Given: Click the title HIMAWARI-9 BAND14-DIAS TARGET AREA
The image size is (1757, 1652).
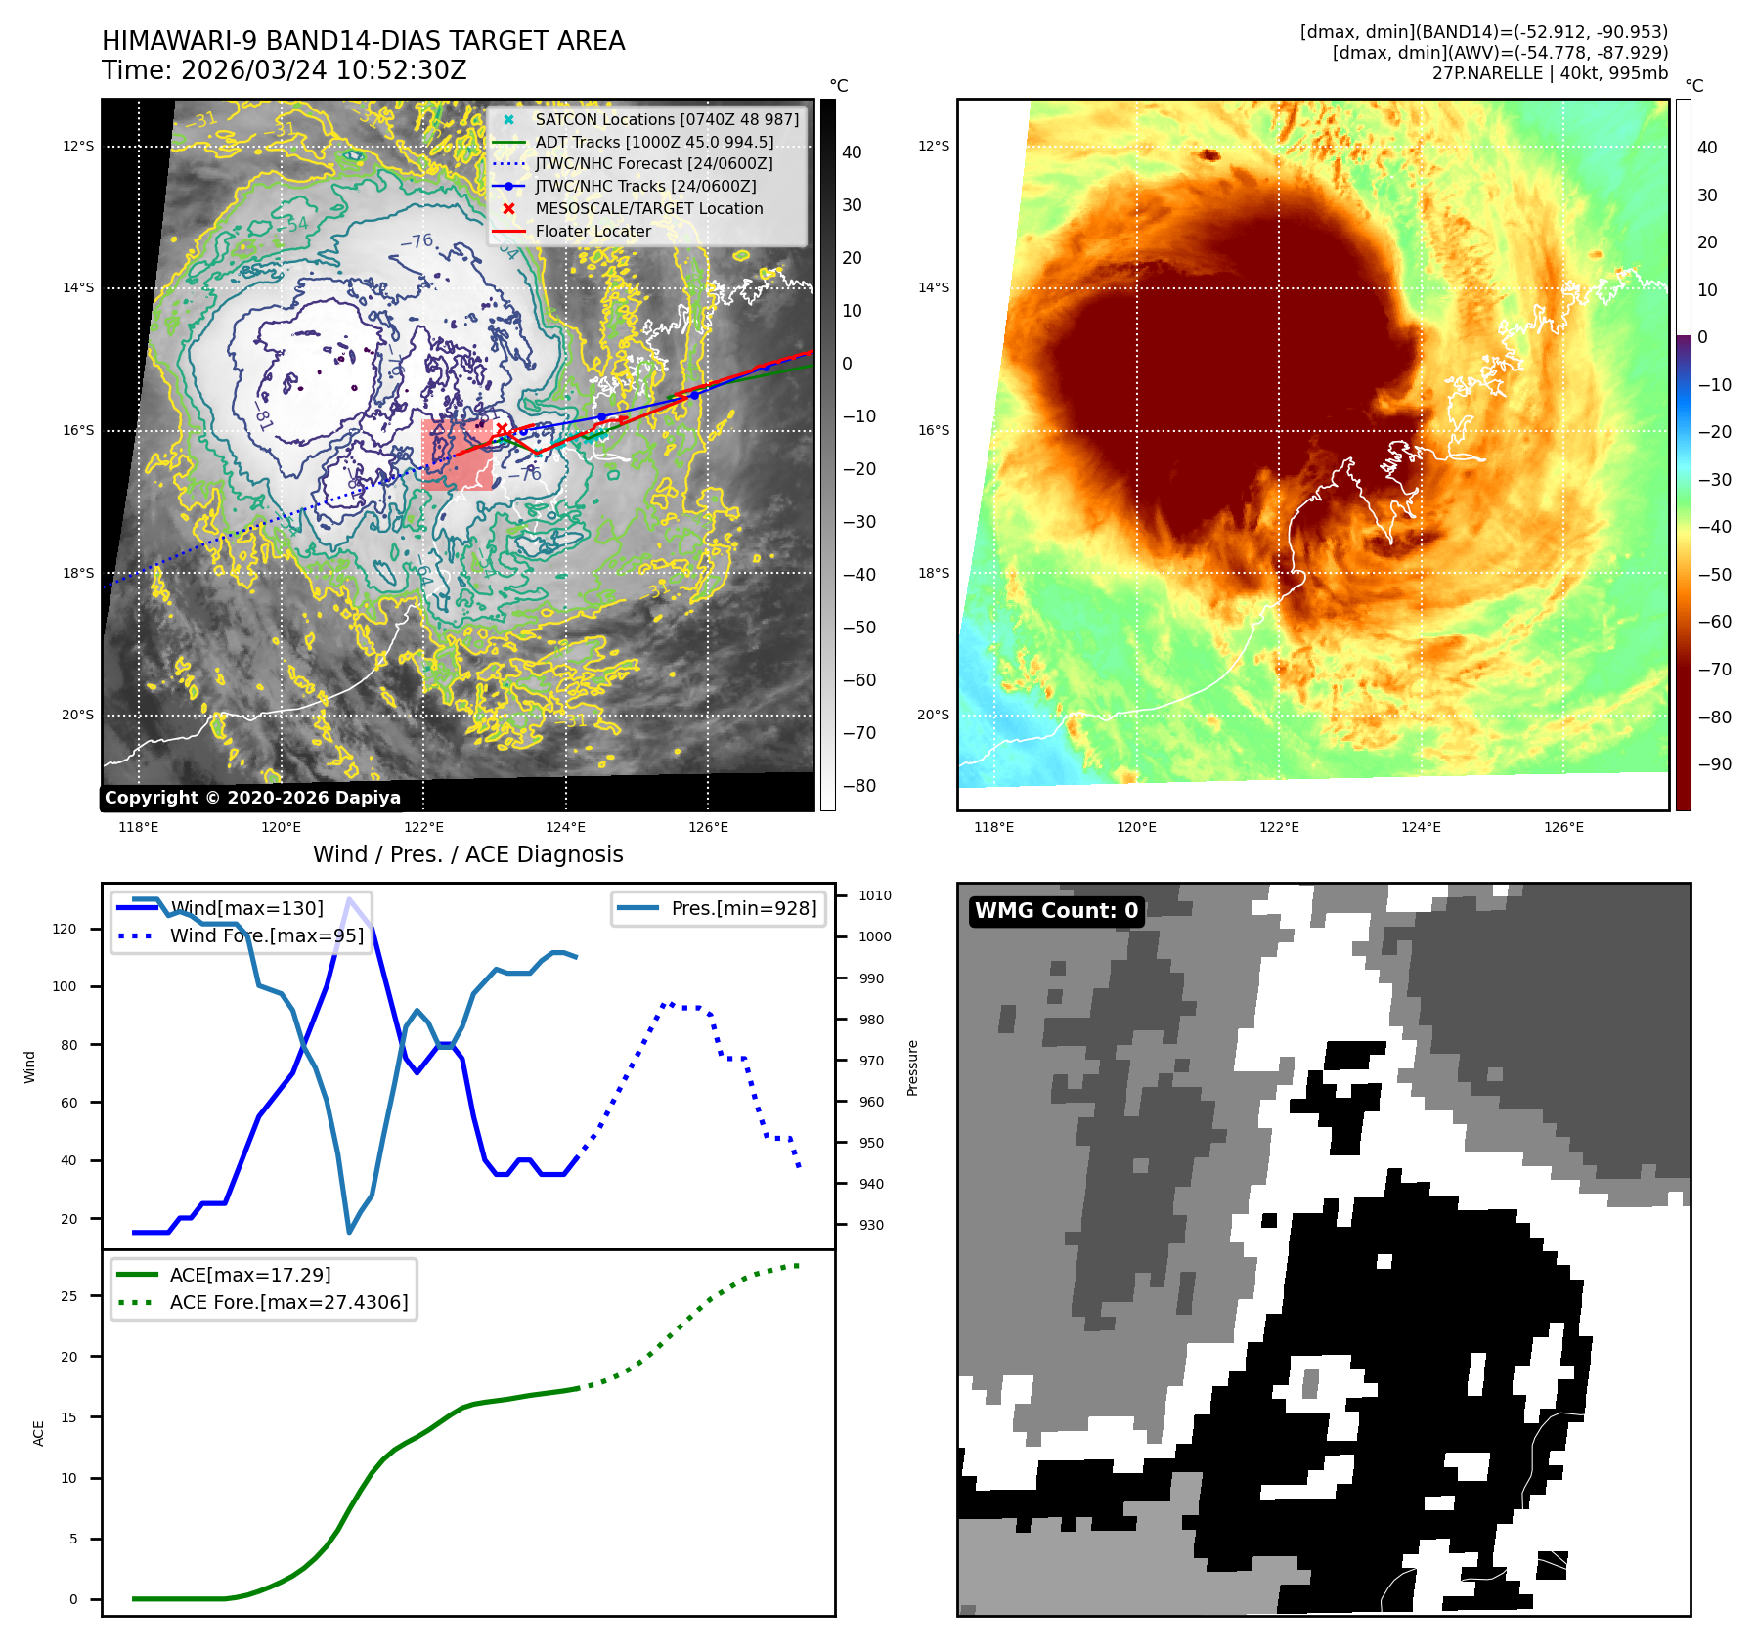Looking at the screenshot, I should pyautogui.click(x=363, y=41).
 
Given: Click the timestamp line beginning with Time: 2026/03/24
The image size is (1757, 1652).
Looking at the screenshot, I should pyautogui.click(x=284, y=71).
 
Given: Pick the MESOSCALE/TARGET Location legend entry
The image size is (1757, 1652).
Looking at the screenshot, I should pyautogui.click(x=648, y=208).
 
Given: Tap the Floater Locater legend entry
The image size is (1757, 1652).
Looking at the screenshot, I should pyautogui.click(x=593, y=231).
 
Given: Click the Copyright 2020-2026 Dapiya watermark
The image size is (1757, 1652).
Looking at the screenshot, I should pyautogui.click(x=252, y=798).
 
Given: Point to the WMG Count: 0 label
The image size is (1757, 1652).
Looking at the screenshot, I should pyautogui.click(x=1056, y=911).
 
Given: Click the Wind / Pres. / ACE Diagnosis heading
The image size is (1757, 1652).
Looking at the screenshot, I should pyautogui.click(x=467, y=854).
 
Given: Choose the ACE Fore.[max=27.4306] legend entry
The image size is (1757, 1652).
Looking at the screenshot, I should pyautogui.click(x=288, y=1302).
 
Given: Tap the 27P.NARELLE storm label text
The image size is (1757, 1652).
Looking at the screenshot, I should pyautogui.click(x=1550, y=73).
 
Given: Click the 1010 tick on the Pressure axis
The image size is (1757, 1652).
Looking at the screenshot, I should pyautogui.click(x=875, y=895).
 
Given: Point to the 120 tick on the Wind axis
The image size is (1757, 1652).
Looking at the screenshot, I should pyautogui.click(x=65, y=929).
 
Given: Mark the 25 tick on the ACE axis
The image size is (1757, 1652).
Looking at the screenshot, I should pyautogui.click(x=68, y=1296).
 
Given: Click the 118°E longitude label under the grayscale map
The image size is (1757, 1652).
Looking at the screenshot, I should pyautogui.click(x=138, y=827).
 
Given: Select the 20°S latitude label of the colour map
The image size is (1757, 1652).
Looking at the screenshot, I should pyautogui.click(x=933, y=715).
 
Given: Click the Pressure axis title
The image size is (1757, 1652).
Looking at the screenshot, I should pyautogui.click(x=912, y=1067).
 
